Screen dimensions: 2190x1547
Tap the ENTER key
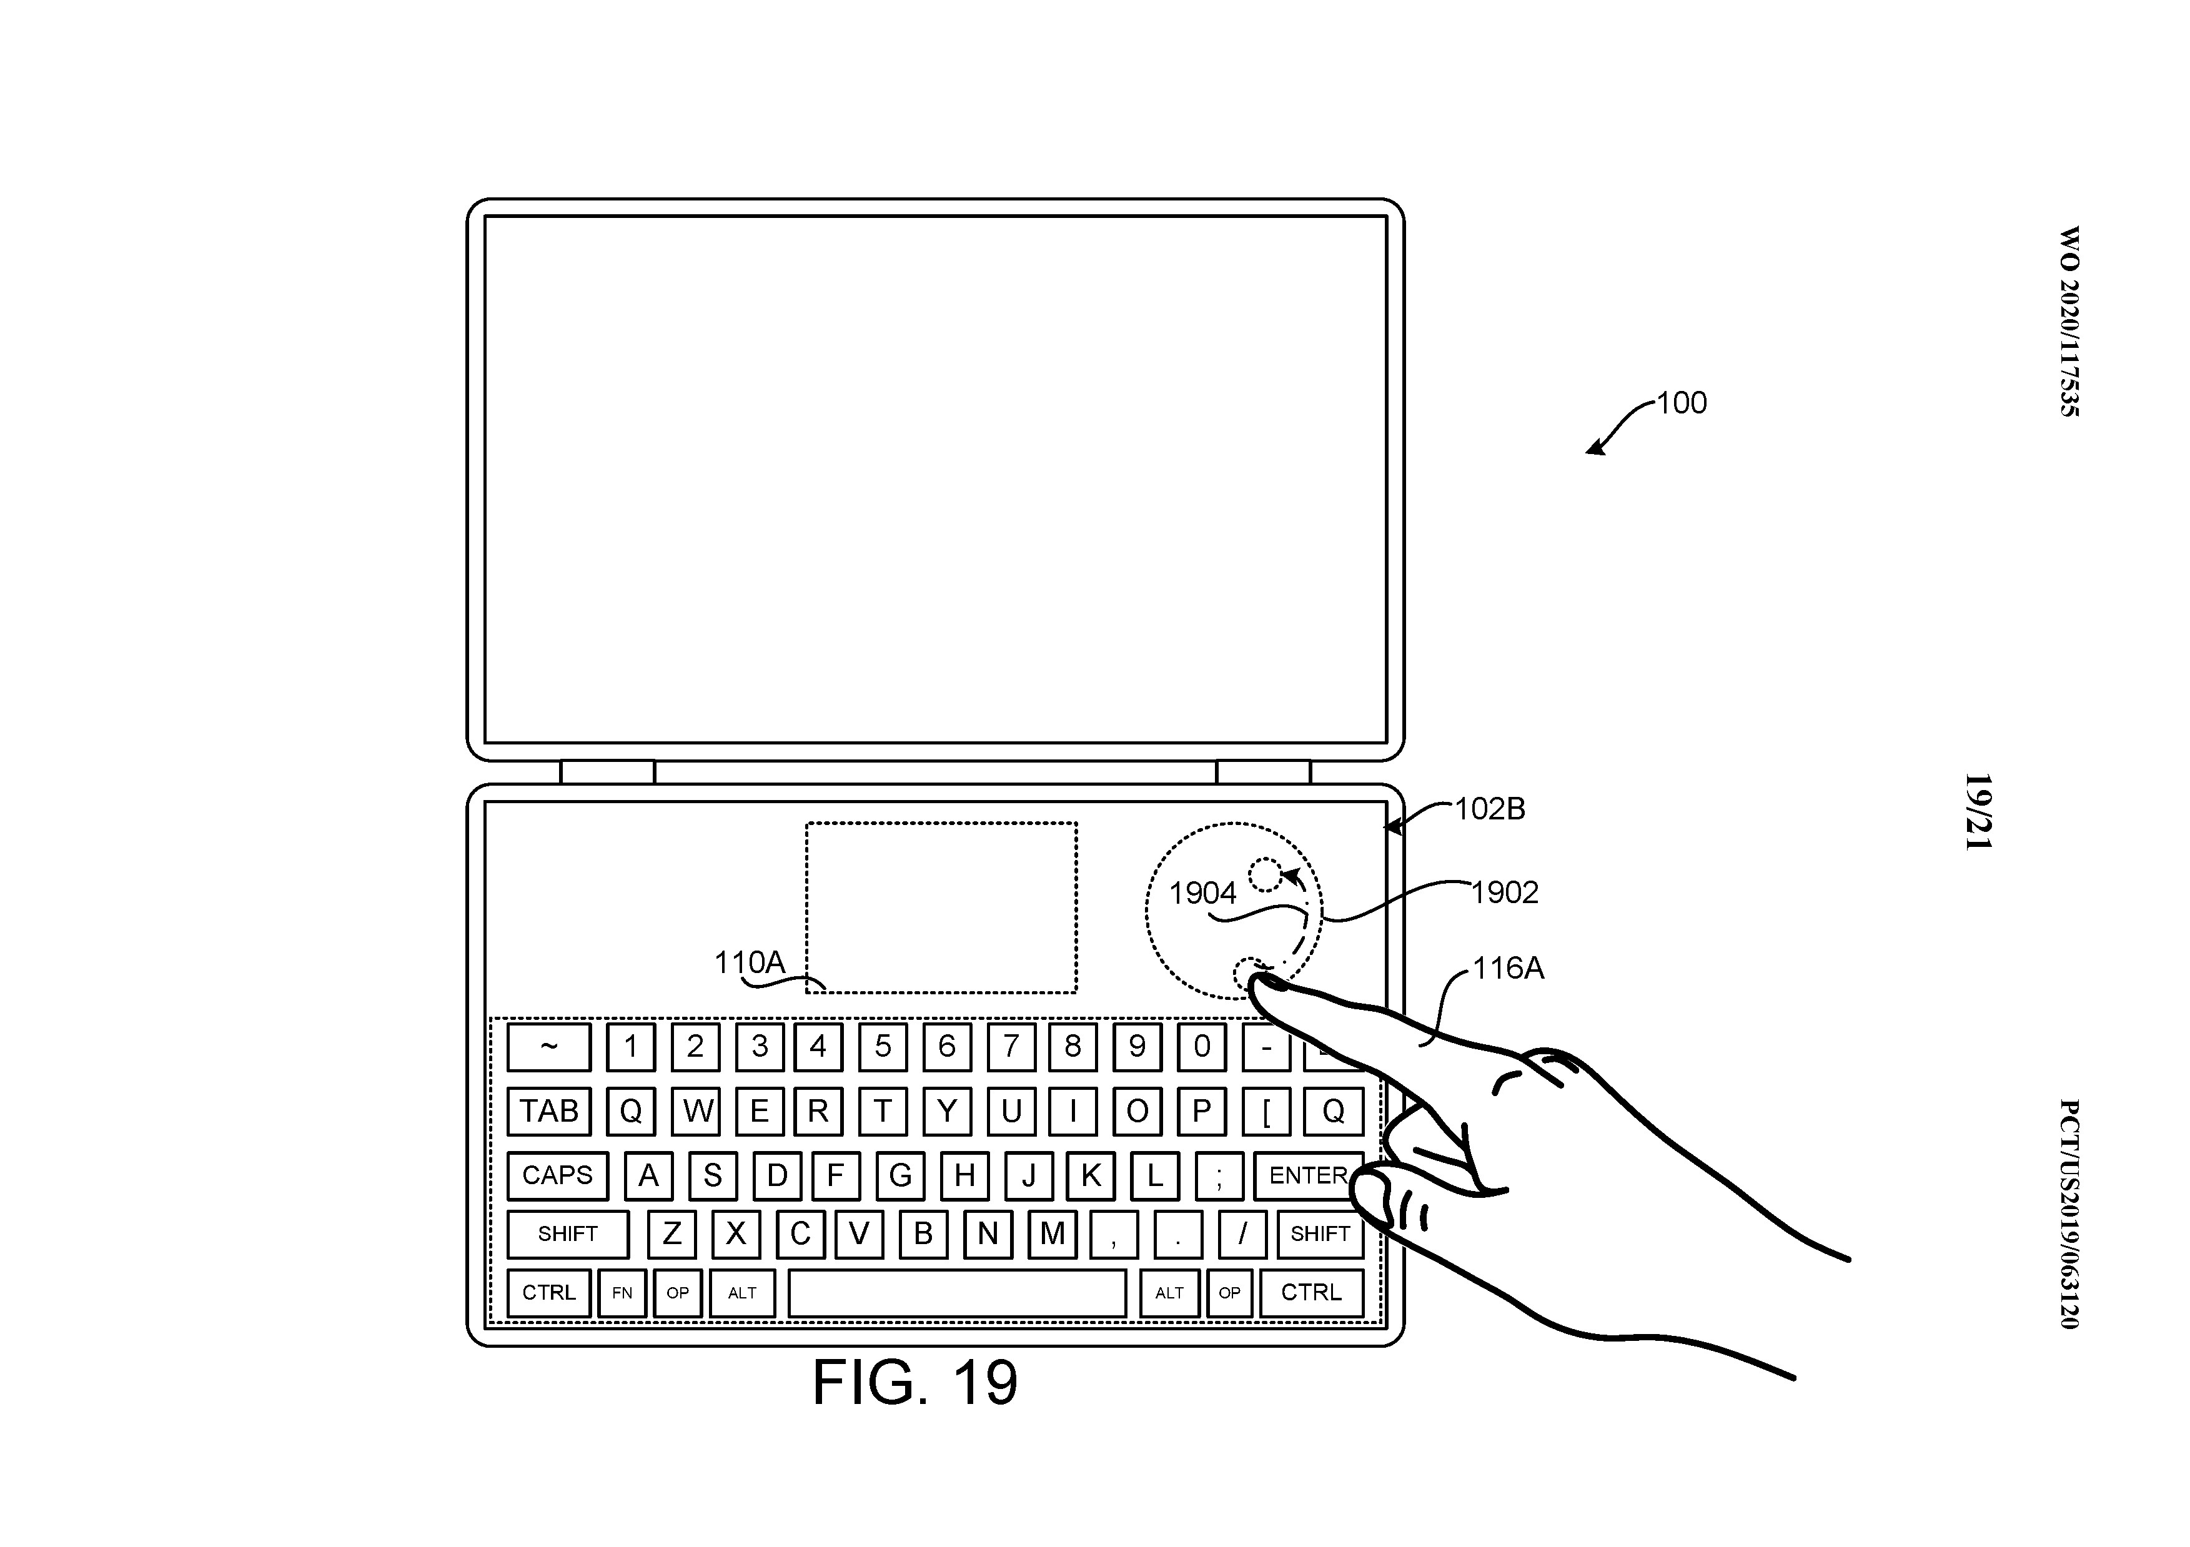pyautogui.click(x=1308, y=1175)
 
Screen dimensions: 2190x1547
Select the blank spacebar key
pyautogui.click(x=957, y=1293)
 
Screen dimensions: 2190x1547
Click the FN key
pyautogui.click(x=622, y=1293)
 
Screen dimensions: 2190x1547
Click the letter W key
pyautogui.click(x=696, y=1111)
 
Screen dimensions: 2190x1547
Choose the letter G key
pyautogui.click(x=900, y=1175)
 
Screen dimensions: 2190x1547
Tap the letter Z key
pyautogui.click(x=671, y=1234)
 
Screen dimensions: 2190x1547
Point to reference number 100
pyautogui.click(x=1682, y=403)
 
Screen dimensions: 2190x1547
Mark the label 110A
pyautogui.click(x=750, y=962)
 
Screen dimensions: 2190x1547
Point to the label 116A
pyautogui.click(x=1508, y=969)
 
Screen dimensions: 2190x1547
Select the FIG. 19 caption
pyautogui.click(x=914, y=1382)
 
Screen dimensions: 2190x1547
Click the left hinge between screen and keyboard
pyautogui.click(x=608, y=771)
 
